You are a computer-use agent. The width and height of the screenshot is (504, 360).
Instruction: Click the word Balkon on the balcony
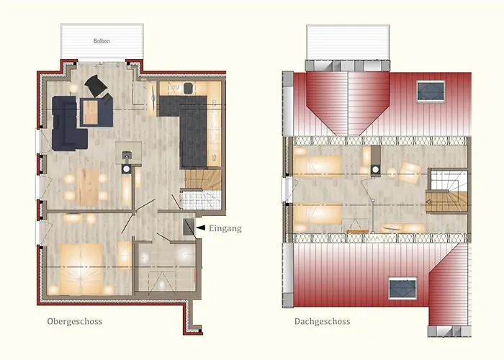point(102,41)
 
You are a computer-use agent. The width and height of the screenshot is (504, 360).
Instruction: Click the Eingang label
point(225,228)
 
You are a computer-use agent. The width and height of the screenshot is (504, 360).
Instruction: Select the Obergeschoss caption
point(76,321)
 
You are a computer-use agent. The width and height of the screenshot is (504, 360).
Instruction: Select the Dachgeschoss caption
point(322,321)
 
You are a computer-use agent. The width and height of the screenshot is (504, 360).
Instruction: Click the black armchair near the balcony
point(96,86)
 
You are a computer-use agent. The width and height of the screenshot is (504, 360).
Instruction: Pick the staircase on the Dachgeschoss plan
point(446,192)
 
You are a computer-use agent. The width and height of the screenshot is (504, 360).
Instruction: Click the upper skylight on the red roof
point(431,90)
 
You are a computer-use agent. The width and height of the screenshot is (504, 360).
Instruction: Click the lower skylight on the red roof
point(402,288)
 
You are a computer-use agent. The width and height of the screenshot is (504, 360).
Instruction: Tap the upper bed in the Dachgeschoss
point(318,165)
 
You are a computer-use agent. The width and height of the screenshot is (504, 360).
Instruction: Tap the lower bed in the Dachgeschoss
point(318,213)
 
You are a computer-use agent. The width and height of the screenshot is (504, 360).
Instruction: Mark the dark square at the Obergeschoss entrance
point(189,228)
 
